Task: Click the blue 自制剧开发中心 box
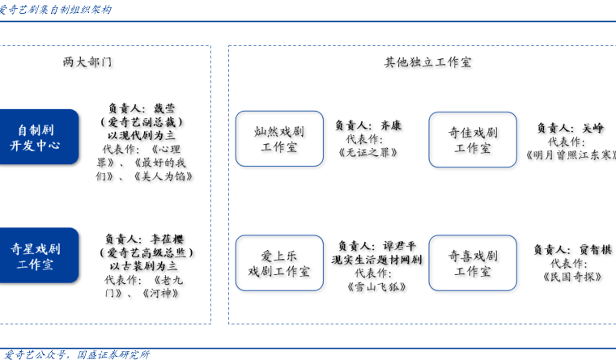pos(39,137)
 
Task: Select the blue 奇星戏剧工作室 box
pos(39,256)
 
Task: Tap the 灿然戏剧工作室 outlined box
pos(279,139)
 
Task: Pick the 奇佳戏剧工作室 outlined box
pos(473,140)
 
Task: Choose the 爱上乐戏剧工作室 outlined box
pos(279,263)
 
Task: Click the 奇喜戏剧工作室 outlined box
pos(473,263)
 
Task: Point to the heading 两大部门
pos(87,62)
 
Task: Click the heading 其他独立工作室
pos(428,62)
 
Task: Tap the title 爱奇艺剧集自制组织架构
pos(55,10)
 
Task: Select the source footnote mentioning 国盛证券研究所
pos(75,354)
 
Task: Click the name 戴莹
pos(164,108)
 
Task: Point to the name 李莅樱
pos(167,239)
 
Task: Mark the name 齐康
pos(391,125)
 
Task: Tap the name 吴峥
pos(593,128)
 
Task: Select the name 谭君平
pos(400,246)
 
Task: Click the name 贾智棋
pos(596,250)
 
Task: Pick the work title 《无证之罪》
pos(368,152)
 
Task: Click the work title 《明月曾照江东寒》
pos(571,155)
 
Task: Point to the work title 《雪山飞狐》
pos(376,287)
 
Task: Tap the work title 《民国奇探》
pos(572,277)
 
